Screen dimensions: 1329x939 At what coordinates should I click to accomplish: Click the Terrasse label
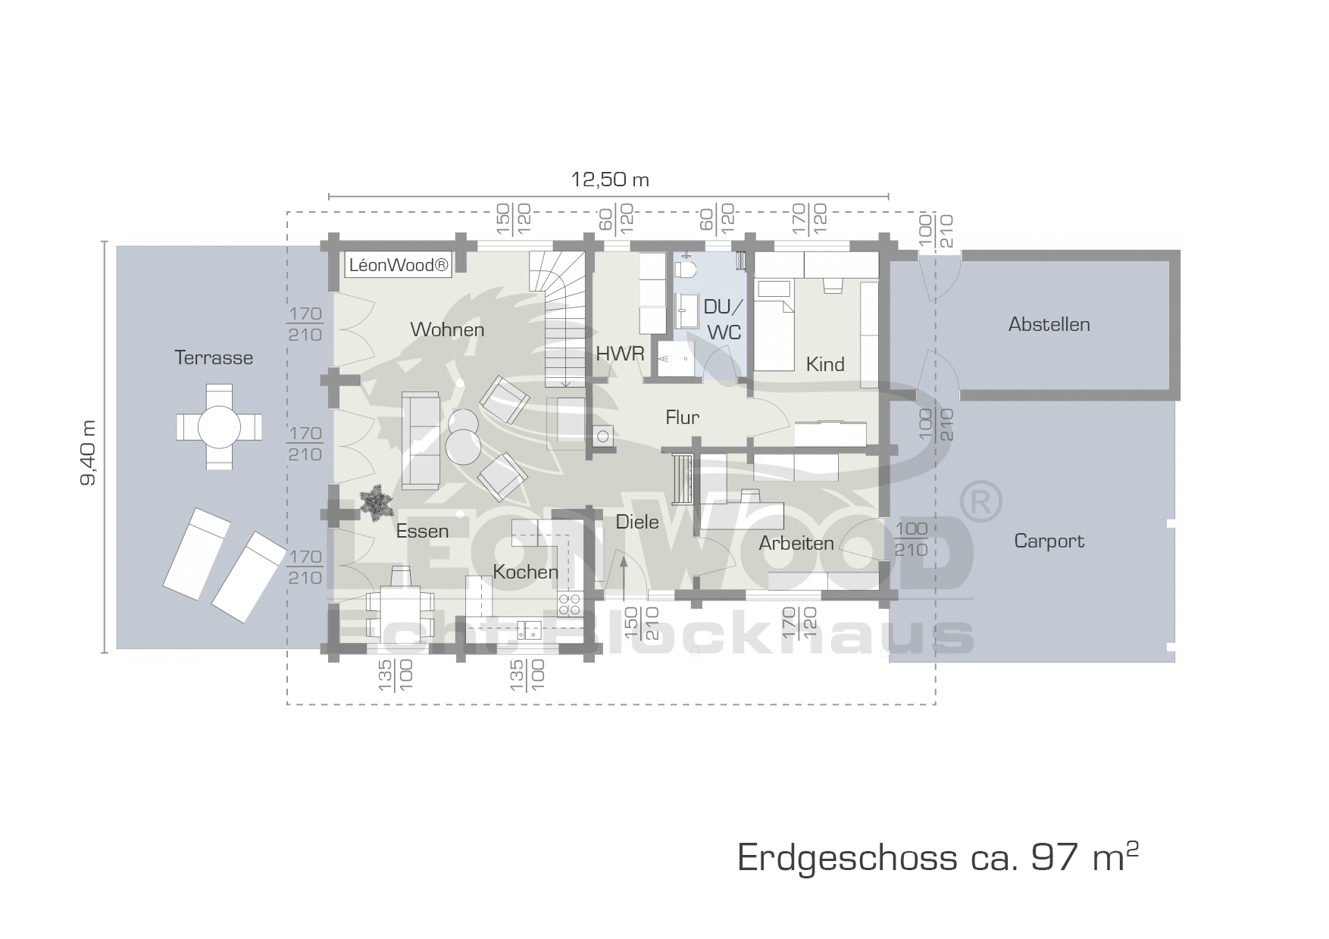click(214, 357)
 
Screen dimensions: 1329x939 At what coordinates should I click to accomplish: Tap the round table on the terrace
click(220, 427)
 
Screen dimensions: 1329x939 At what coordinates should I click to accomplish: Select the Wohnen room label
click(447, 329)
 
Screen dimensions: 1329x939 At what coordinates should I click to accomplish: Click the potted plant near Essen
click(376, 503)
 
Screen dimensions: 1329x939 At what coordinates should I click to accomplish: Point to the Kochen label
click(526, 572)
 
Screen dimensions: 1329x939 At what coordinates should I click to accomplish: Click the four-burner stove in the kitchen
click(570, 603)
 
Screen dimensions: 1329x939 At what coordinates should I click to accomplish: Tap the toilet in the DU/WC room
click(686, 268)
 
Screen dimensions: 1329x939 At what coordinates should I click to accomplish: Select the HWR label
click(620, 354)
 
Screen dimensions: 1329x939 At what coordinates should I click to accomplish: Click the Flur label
click(682, 417)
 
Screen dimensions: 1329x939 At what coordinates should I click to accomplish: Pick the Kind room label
click(825, 364)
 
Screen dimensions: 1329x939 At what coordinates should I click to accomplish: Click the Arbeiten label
click(796, 543)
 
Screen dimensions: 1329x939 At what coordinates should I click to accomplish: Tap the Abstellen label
click(1049, 324)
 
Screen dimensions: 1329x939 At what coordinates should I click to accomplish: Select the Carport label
click(1049, 541)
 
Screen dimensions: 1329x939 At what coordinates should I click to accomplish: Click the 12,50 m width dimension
click(609, 179)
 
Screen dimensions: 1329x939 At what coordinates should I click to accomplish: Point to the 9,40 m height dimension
click(89, 451)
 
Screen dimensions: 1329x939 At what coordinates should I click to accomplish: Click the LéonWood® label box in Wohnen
click(399, 266)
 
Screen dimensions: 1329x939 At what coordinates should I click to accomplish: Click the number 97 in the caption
click(1049, 858)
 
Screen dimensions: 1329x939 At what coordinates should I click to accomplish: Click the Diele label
click(637, 522)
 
